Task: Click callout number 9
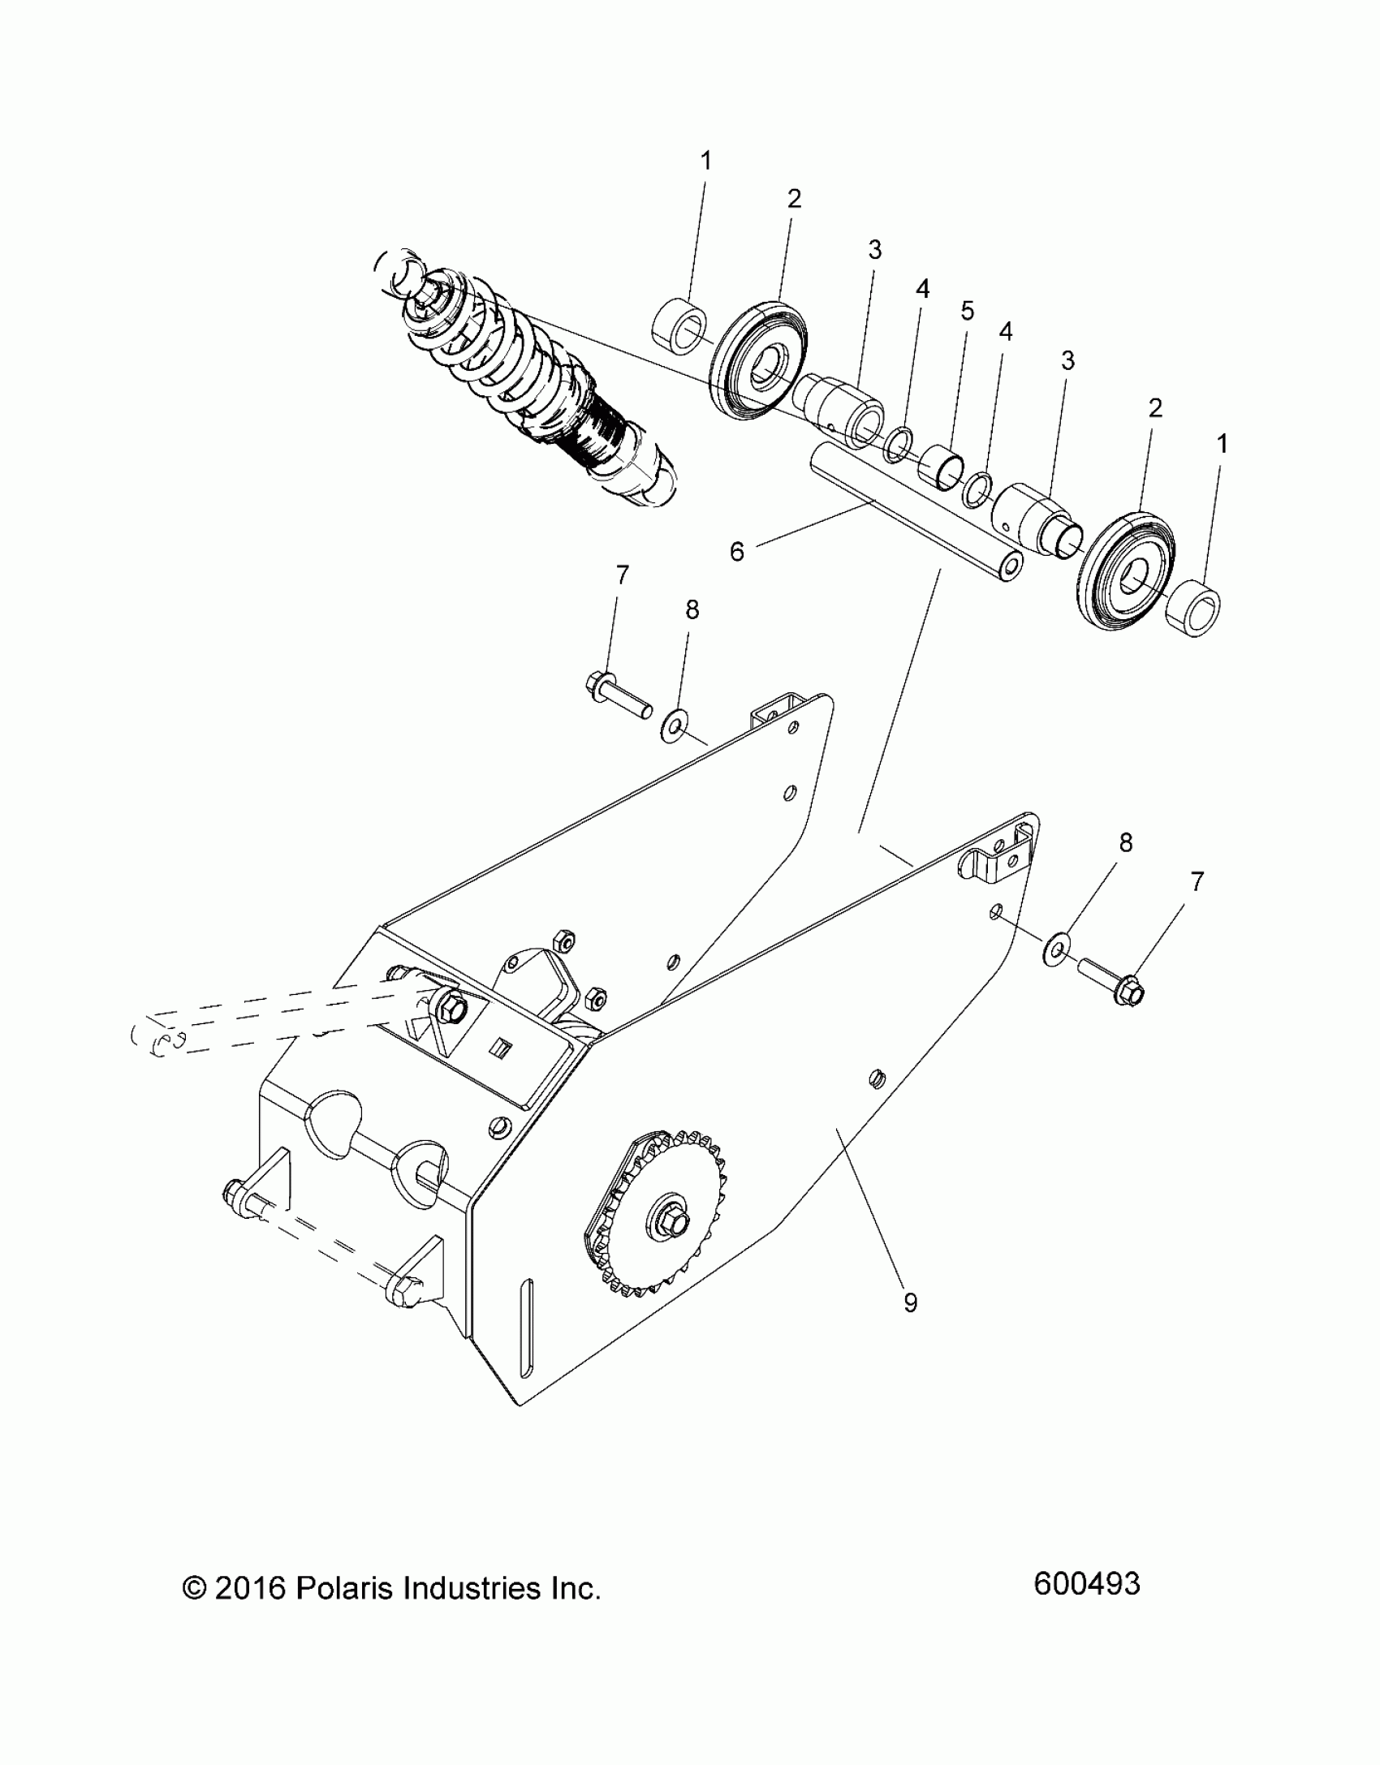[x=910, y=1303]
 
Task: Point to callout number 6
[x=736, y=552]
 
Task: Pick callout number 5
[x=967, y=311]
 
